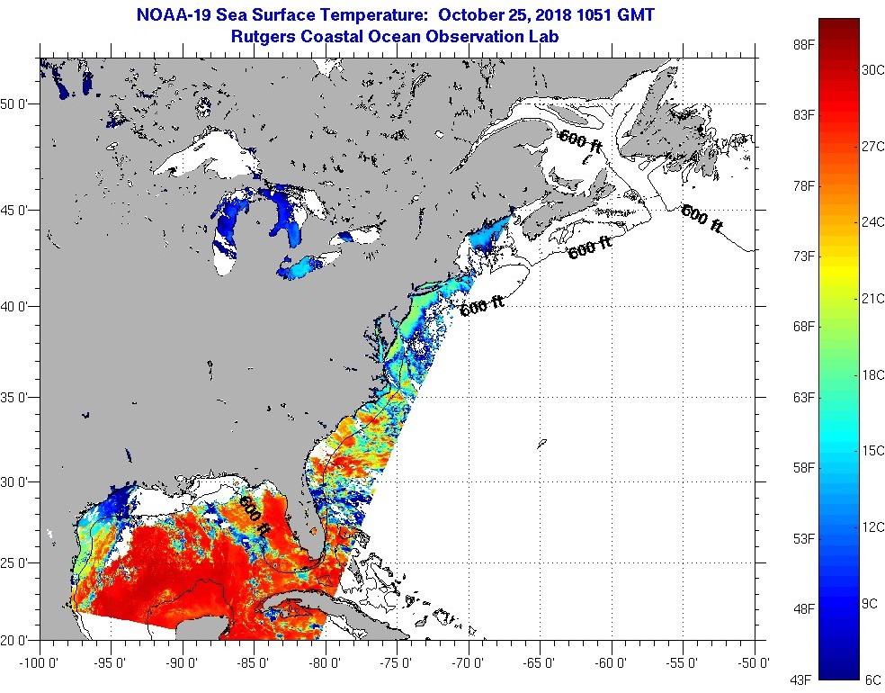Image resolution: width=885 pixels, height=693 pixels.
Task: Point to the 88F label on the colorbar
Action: click(x=801, y=44)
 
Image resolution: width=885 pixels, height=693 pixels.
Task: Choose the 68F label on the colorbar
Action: click(x=801, y=327)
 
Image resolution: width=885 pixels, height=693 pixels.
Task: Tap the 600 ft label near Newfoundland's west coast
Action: click(x=580, y=141)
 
